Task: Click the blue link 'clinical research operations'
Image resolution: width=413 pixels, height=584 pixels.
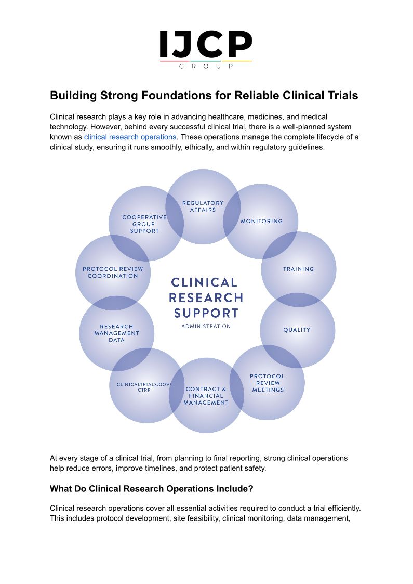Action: pyautogui.click(x=130, y=137)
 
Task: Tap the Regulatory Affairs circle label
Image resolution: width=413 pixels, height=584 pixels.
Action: pyautogui.click(x=203, y=206)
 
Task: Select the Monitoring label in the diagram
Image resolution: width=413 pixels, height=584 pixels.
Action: pyautogui.click(x=262, y=221)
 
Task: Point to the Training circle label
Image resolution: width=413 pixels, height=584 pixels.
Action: pyautogui.click(x=299, y=269)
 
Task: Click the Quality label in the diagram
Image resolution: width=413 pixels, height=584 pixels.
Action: pyautogui.click(x=297, y=330)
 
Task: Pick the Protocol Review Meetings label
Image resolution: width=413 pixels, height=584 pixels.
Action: pyautogui.click(x=268, y=383)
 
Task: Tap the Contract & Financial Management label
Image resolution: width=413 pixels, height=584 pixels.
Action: pyautogui.click(x=206, y=396)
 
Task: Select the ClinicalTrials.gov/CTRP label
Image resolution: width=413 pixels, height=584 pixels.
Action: pyautogui.click(x=144, y=387)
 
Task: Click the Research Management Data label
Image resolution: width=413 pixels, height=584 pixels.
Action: pyautogui.click(x=117, y=333)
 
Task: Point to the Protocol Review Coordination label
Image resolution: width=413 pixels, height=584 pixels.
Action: pyautogui.click(x=113, y=272)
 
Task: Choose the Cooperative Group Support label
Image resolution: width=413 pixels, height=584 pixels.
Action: pyautogui.click(x=144, y=224)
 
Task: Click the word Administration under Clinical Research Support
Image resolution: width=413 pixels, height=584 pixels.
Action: pyautogui.click(x=206, y=327)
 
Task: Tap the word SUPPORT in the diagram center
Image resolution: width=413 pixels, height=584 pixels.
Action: pyautogui.click(x=206, y=313)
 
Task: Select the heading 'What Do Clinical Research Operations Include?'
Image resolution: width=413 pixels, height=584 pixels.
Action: pyautogui.click(x=151, y=489)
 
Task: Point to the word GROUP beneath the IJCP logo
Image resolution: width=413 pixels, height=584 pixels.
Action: pyautogui.click(x=206, y=66)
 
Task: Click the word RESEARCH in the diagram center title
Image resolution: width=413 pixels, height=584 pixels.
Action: pyautogui.click(x=206, y=298)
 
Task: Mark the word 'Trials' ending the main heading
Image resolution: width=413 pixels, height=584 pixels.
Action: pyautogui.click(x=341, y=96)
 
